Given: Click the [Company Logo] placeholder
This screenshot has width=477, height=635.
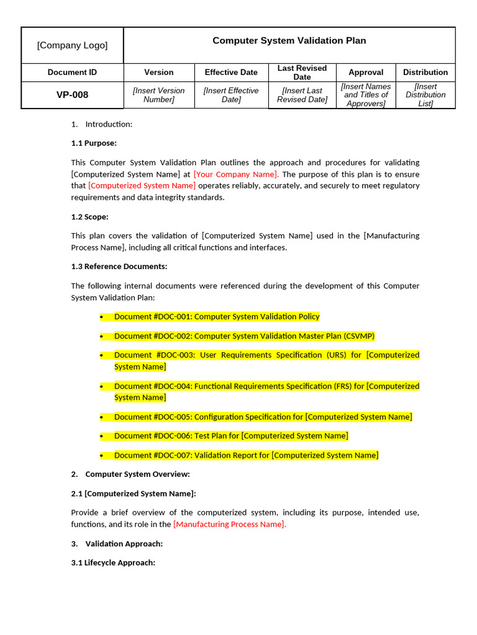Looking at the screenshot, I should [72, 45].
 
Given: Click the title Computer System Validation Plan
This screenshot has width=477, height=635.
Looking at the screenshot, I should [289, 41].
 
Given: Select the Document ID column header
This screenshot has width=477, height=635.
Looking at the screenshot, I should [72, 73].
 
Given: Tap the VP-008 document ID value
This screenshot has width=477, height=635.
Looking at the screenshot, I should [72, 95].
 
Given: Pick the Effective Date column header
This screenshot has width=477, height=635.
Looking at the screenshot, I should [231, 73].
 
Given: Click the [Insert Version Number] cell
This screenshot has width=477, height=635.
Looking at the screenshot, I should [159, 95].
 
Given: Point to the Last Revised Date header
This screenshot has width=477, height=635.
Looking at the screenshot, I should [302, 73].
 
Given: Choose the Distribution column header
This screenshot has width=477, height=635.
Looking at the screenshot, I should [425, 73].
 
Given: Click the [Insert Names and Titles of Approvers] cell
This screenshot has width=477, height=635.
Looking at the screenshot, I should [366, 95].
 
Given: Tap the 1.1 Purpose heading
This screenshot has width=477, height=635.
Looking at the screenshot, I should [94, 143].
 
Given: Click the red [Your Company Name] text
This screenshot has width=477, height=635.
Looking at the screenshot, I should [236, 174].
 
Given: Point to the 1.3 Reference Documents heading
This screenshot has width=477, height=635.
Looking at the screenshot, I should [119, 267].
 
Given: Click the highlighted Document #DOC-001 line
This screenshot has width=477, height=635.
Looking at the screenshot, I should [217, 317].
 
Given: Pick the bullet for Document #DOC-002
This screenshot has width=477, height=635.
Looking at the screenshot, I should [101, 336].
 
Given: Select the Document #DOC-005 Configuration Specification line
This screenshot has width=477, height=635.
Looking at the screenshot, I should [263, 417].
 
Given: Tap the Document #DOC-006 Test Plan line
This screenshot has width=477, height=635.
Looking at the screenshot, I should [231, 436].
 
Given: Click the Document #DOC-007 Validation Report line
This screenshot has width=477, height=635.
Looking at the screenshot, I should [246, 455].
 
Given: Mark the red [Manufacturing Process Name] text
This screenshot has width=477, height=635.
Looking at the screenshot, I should [230, 525].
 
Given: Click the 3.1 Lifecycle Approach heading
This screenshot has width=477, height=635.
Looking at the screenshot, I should [113, 563].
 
